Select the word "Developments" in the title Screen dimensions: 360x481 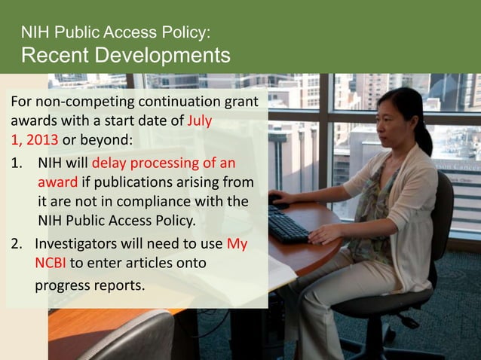166,55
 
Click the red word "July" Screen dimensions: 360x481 200,121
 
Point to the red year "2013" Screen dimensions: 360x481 41,139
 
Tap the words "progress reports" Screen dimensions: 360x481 89,286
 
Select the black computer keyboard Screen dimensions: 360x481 286,224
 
